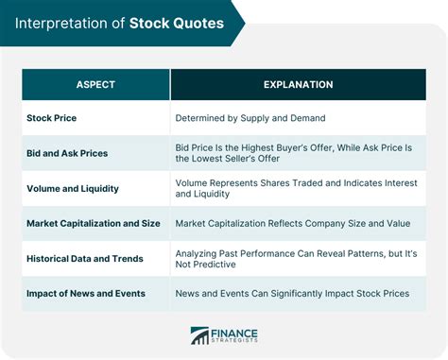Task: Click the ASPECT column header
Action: click(95, 84)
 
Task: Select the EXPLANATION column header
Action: click(298, 84)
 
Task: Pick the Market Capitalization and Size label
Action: click(93, 223)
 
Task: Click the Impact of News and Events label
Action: click(86, 293)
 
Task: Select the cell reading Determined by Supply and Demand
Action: click(250, 118)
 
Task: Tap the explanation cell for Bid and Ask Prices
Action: click(295, 153)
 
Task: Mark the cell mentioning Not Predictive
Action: click(295, 258)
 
